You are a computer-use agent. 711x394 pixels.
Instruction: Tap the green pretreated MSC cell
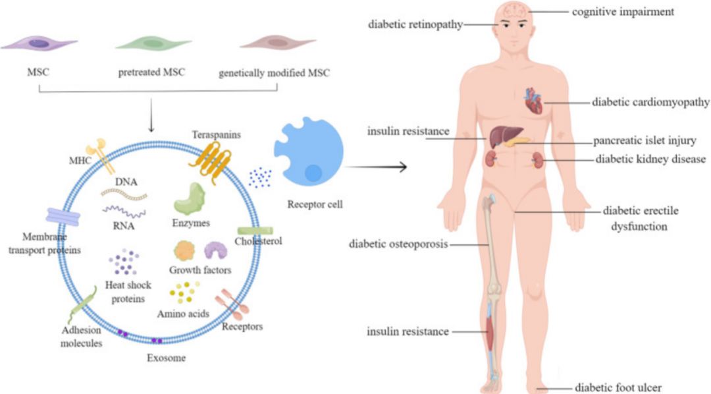coord(152,43)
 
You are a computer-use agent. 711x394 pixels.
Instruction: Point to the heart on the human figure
coord(533,102)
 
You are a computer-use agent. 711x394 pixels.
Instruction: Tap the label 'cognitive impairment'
coord(623,11)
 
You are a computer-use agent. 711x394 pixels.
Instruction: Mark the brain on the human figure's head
coord(513,11)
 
